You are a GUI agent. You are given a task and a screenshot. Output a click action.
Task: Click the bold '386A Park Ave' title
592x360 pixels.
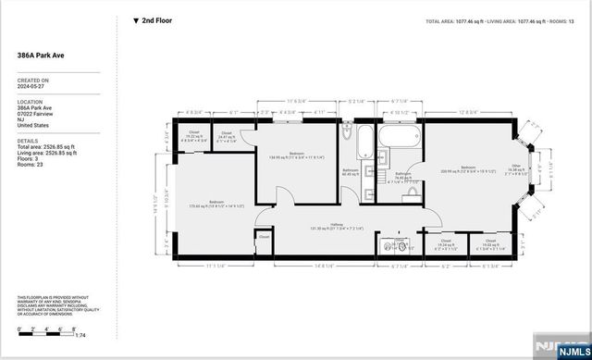point(39,56)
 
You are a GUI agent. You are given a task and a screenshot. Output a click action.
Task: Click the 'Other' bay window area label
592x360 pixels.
point(515,169)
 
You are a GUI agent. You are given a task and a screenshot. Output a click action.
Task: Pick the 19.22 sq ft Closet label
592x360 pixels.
point(193,135)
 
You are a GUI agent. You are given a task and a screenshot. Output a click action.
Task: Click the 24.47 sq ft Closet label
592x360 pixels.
point(228,137)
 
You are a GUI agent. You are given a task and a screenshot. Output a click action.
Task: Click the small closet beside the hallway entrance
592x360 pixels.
point(264,238)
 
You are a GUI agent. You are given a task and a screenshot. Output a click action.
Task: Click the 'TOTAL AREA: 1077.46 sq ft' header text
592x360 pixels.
point(463,20)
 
